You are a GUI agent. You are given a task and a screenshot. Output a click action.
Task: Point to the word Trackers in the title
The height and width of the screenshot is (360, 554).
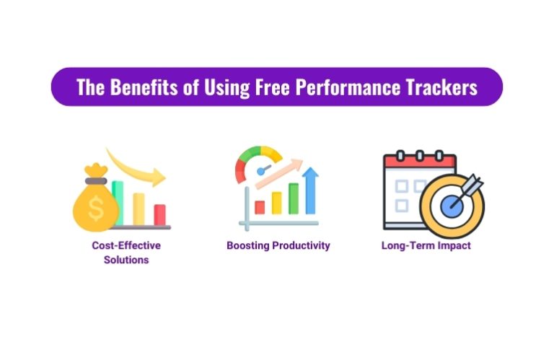[x=441, y=87]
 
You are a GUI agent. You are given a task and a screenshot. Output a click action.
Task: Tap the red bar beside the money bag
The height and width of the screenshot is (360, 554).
[x=159, y=214]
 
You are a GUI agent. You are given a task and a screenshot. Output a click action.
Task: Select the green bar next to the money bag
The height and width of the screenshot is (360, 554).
[x=117, y=202]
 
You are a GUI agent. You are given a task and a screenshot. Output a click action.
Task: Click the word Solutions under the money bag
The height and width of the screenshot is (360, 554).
[x=126, y=260]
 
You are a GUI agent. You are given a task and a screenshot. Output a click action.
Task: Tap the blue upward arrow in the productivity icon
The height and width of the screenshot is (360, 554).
[x=311, y=189]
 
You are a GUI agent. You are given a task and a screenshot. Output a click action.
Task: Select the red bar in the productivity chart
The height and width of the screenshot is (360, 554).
[x=260, y=207]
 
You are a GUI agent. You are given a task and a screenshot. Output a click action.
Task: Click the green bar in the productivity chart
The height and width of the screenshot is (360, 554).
[x=294, y=198]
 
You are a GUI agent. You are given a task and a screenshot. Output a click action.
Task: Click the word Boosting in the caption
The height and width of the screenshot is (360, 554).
[x=247, y=245]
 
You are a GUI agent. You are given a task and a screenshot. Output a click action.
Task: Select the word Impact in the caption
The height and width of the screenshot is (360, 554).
[x=454, y=245]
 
